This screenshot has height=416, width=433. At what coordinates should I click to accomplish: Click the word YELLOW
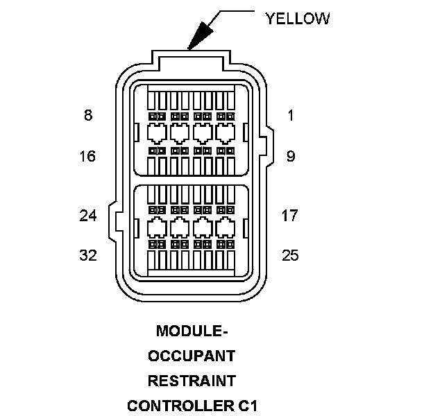(298, 19)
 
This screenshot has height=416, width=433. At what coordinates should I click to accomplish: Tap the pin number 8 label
(88, 115)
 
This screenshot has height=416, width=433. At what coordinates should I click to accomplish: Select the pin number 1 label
(291, 115)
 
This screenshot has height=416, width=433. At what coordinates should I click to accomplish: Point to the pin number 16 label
(87, 156)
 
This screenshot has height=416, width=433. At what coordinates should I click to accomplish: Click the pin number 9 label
(291, 156)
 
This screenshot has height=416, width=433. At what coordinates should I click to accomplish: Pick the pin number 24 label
(88, 216)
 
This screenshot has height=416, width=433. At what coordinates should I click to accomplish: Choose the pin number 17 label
(289, 216)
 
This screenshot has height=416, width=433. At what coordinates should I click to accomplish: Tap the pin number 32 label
(88, 255)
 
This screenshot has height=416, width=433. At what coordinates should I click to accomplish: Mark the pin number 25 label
(290, 255)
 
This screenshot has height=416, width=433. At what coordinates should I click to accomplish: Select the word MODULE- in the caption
(192, 331)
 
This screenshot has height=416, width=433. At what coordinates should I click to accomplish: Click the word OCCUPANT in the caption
(192, 356)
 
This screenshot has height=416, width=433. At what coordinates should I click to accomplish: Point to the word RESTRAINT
(192, 381)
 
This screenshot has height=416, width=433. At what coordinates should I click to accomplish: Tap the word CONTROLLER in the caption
(180, 406)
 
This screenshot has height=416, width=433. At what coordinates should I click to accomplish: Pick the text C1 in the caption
(247, 406)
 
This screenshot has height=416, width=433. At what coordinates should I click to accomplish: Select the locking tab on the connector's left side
(112, 221)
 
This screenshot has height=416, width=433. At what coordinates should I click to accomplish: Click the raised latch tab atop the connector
(191, 60)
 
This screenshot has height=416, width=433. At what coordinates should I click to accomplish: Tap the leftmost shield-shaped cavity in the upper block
(157, 134)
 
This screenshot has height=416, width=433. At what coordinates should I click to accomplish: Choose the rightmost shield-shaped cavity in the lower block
(226, 227)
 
